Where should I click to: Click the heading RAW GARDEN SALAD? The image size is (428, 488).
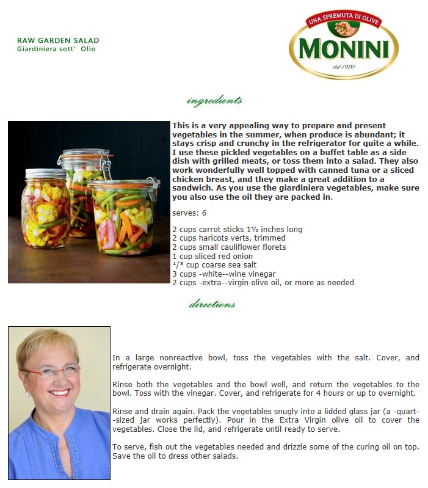coord(58,40)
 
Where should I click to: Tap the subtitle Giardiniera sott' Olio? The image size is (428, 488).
coord(56,48)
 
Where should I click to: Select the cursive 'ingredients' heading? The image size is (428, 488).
coord(214,100)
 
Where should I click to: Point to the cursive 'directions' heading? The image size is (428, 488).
coord(212,304)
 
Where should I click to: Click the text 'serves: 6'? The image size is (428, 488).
coord(189,213)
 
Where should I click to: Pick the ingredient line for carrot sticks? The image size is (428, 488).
coord(237,230)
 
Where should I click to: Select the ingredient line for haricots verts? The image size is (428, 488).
coord(228,238)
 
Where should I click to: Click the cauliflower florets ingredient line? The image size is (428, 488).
coord(229,247)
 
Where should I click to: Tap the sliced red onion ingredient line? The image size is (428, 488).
coord(212,257)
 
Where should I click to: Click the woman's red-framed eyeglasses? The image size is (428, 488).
coord(53,371)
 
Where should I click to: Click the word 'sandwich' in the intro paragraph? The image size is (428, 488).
coord(192,188)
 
